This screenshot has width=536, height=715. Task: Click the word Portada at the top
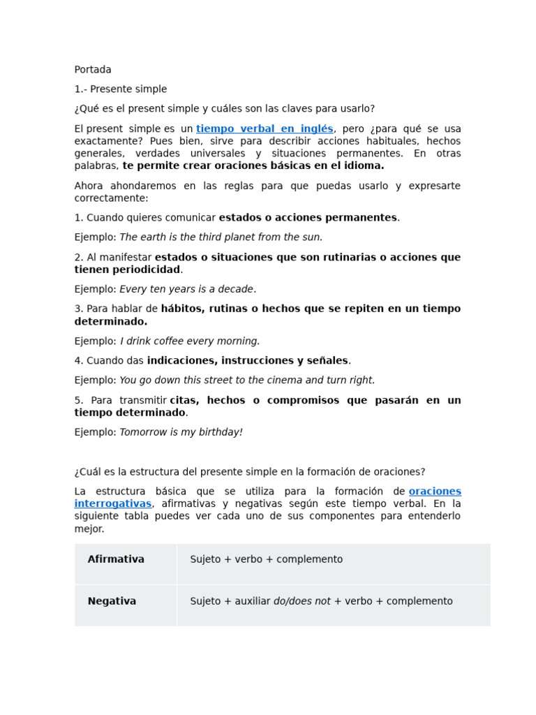(93, 70)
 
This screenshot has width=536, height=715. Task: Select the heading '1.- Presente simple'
(121, 89)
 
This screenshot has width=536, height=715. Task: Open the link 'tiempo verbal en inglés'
(265, 129)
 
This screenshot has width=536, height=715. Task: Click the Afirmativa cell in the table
(116, 559)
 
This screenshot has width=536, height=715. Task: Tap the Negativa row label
(112, 601)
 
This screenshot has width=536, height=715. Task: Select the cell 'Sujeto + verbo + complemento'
(266, 559)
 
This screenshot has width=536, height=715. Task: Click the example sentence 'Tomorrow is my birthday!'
(181, 432)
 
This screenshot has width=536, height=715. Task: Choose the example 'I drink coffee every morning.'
(190, 341)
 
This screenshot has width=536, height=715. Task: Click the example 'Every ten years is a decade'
(186, 289)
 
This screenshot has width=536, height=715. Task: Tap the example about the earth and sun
(221, 237)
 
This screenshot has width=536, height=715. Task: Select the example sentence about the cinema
(247, 381)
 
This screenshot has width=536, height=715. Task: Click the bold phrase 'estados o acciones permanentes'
(308, 218)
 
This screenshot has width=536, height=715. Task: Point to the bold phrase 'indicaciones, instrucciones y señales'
(247, 361)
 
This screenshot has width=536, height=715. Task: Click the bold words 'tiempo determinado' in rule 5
(130, 413)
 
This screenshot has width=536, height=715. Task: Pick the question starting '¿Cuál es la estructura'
(250, 472)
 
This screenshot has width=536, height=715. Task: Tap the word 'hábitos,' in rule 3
(181, 309)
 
